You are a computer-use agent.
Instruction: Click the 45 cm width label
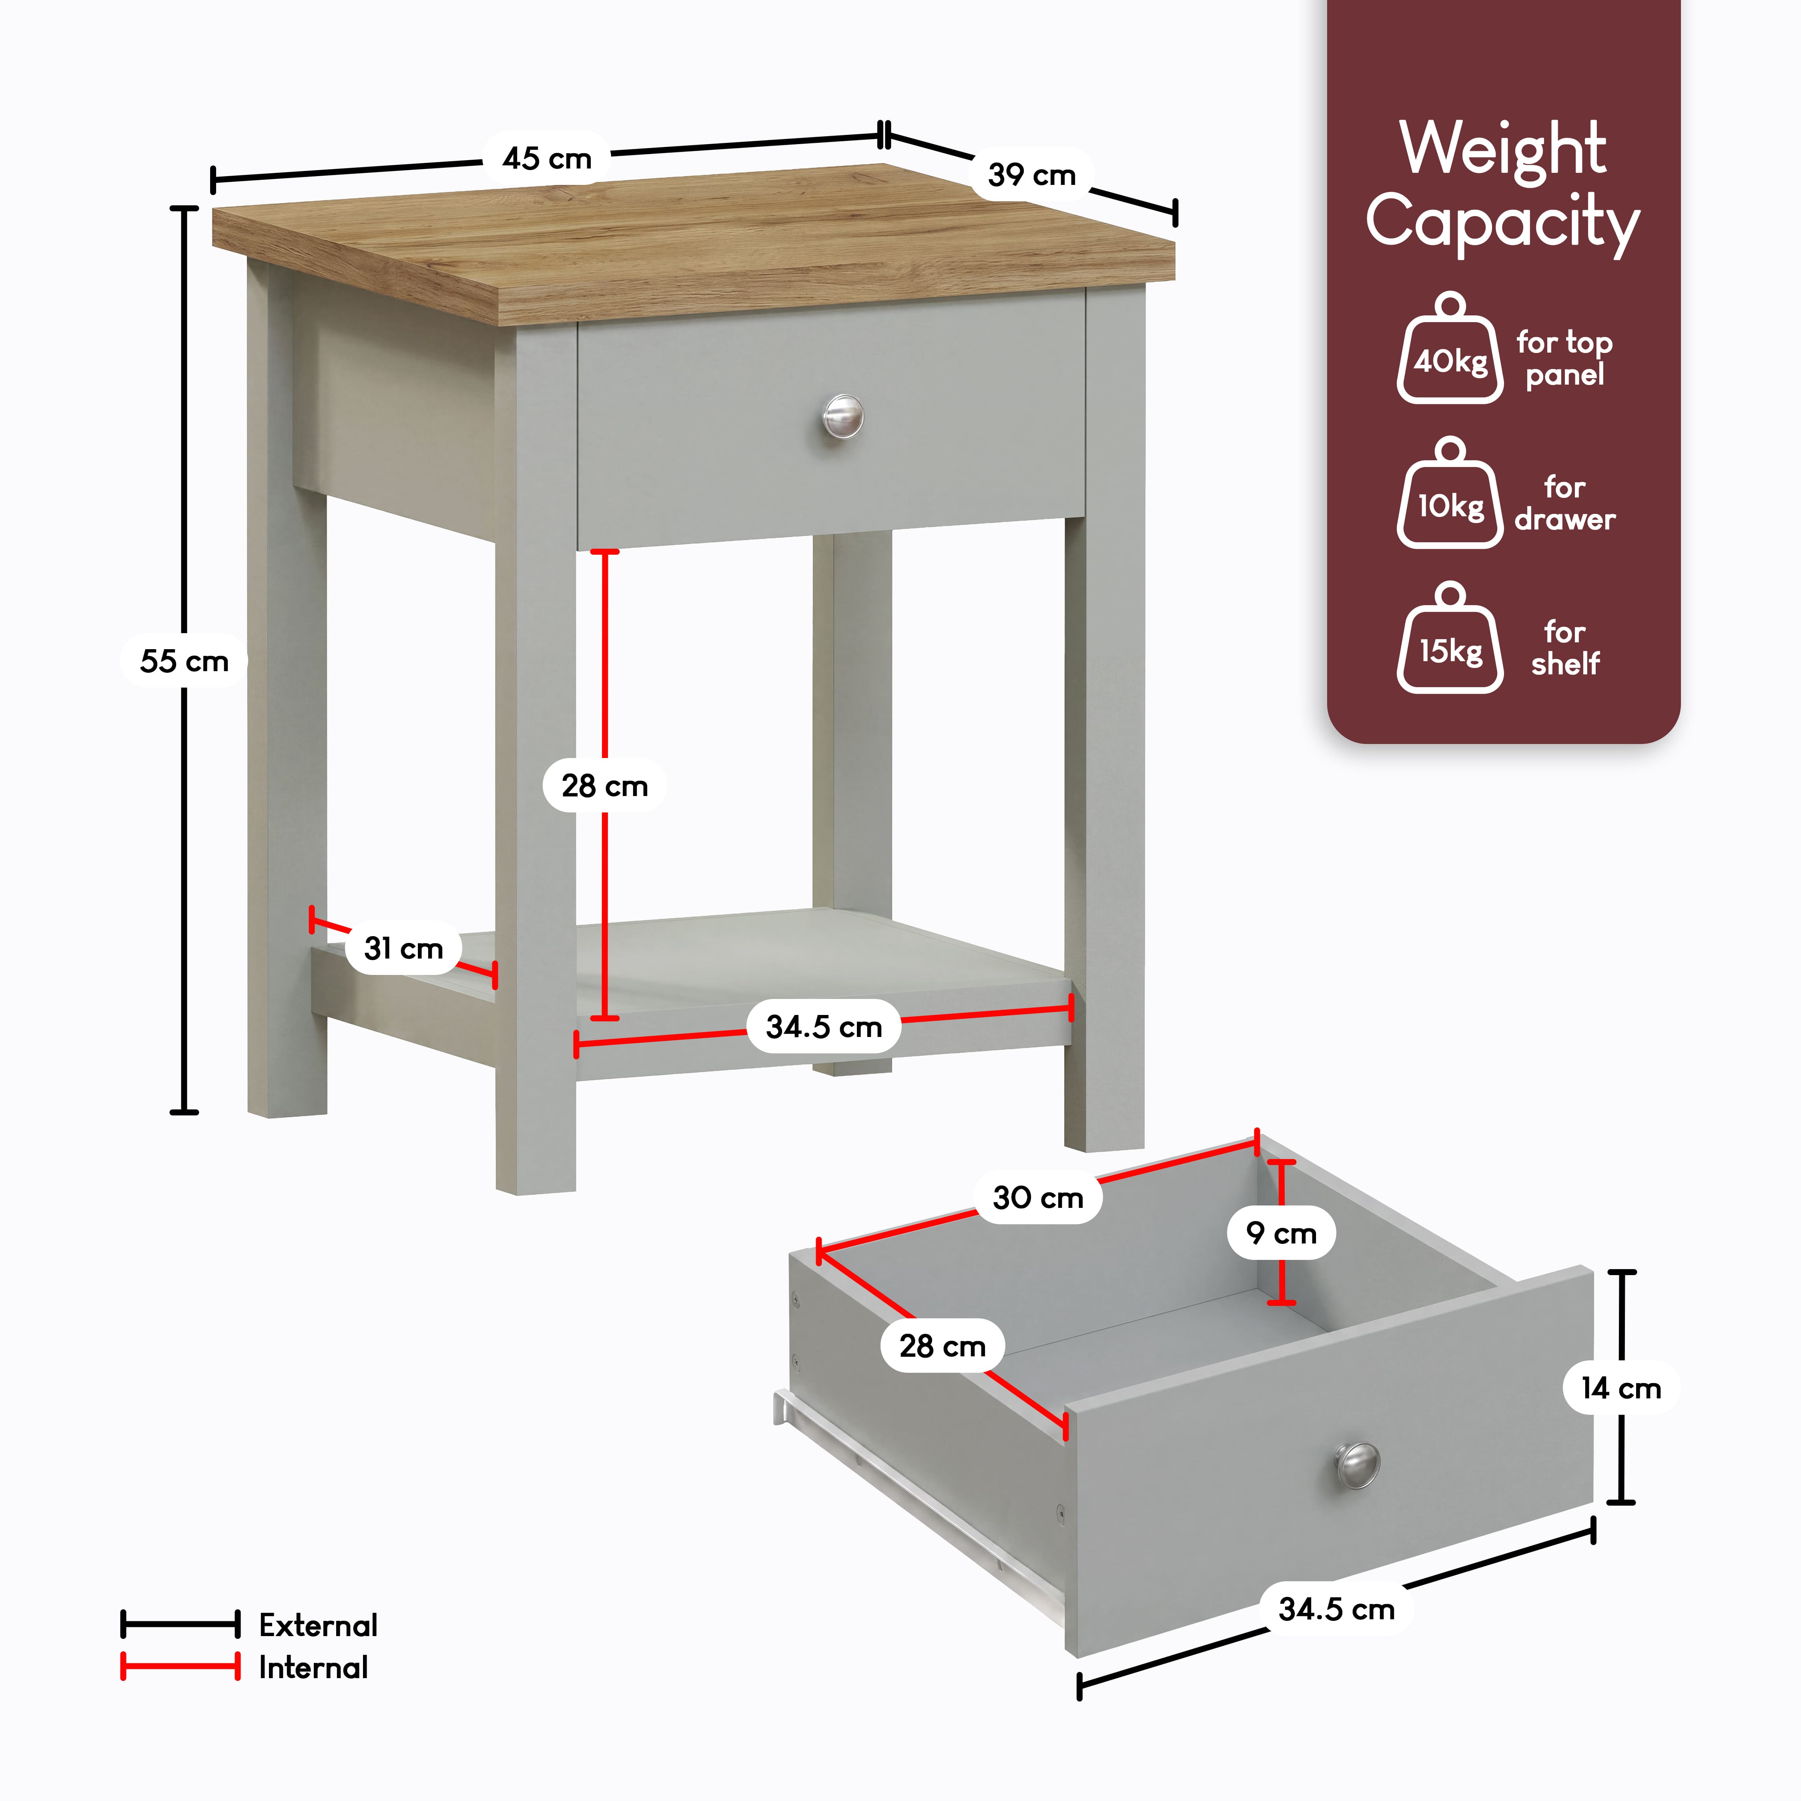pyautogui.click(x=547, y=158)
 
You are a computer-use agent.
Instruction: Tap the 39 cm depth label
pyautogui.click(x=1032, y=174)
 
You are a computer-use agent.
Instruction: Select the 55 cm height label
pyautogui.click(x=184, y=661)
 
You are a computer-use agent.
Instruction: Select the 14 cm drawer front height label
pyautogui.click(x=1621, y=1388)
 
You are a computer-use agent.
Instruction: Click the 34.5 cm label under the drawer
pyautogui.click(x=1337, y=1609)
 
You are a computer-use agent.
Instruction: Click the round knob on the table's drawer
pyautogui.click(x=843, y=416)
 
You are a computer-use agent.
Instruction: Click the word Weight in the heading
pyautogui.click(x=1503, y=149)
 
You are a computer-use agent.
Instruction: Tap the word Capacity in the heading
pyautogui.click(x=1503, y=224)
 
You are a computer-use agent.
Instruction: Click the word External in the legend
pyautogui.click(x=318, y=1625)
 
